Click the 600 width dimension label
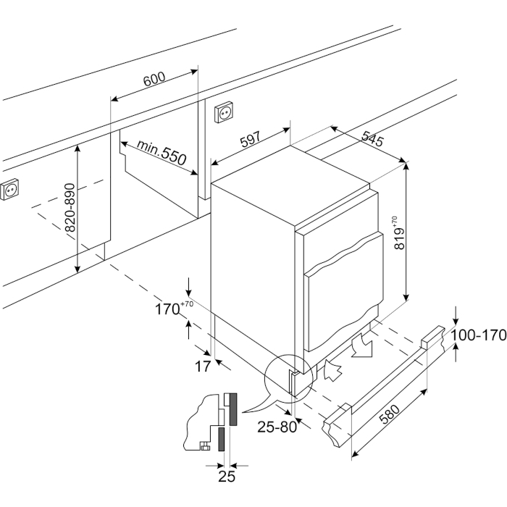pos(154,79)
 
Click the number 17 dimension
pos(204,366)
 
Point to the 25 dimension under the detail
pos(227,475)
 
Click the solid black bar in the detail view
pos(233,409)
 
